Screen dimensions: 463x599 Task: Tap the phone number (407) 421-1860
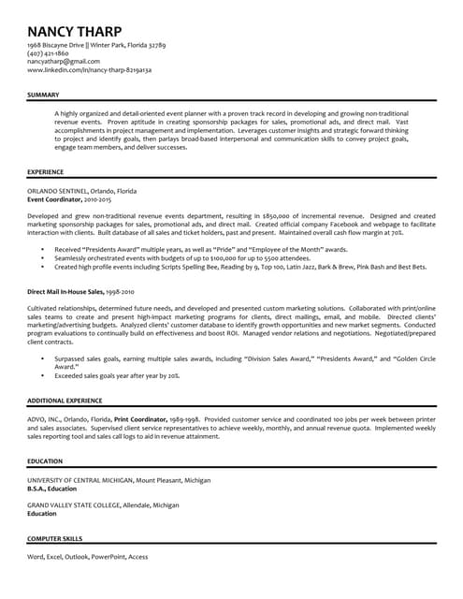49,53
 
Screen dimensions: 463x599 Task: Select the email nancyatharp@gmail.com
64,62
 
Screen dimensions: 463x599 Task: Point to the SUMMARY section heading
43,95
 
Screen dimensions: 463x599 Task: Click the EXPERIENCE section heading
46,172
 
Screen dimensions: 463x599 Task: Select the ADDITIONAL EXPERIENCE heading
65,400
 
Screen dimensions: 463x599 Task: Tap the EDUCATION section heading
45,461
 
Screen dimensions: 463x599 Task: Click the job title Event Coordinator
55,199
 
